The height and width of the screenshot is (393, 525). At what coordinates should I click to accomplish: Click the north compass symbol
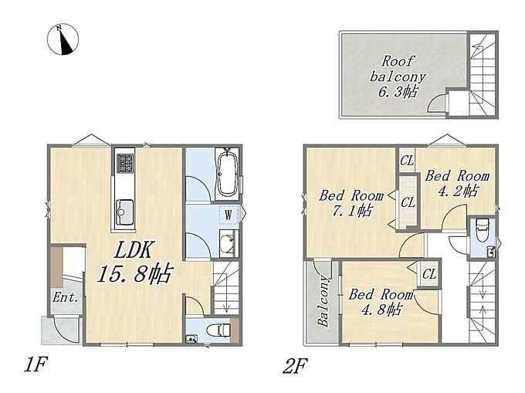pos(63,39)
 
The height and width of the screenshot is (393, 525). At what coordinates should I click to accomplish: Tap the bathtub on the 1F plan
pos(227,174)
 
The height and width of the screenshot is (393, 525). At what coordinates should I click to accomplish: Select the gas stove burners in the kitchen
pos(125,164)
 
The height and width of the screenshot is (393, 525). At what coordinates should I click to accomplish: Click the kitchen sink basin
pos(124,212)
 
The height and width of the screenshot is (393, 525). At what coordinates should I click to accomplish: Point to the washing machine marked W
pos(229,215)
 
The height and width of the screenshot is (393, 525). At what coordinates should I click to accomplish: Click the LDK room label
pos(134,249)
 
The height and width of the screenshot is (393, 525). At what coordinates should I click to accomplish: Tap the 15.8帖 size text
pos(135,273)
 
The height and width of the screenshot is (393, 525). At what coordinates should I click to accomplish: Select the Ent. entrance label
pos(66,297)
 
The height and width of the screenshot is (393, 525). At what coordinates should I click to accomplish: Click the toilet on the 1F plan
pos(218,330)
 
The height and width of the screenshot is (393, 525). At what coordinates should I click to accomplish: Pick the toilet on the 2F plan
pos(482,230)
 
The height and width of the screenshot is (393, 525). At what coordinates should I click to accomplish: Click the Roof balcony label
pos(398,69)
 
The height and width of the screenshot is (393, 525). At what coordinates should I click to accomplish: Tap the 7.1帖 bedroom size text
pos(352,211)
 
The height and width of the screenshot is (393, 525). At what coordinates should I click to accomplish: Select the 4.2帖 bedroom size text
pos(458,191)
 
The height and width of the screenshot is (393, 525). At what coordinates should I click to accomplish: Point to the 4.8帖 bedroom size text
pos(381,310)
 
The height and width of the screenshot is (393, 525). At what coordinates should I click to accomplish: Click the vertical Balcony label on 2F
pos(323,300)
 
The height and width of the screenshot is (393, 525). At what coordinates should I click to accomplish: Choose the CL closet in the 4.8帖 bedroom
pos(429,274)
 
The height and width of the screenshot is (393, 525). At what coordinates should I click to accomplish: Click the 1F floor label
pos(36,364)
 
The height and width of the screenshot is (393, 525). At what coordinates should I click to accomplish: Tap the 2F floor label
pos(295,365)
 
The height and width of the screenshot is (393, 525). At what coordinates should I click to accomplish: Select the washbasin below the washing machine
pos(229,242)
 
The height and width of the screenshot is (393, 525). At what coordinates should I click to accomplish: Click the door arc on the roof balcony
pos(435,102)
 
